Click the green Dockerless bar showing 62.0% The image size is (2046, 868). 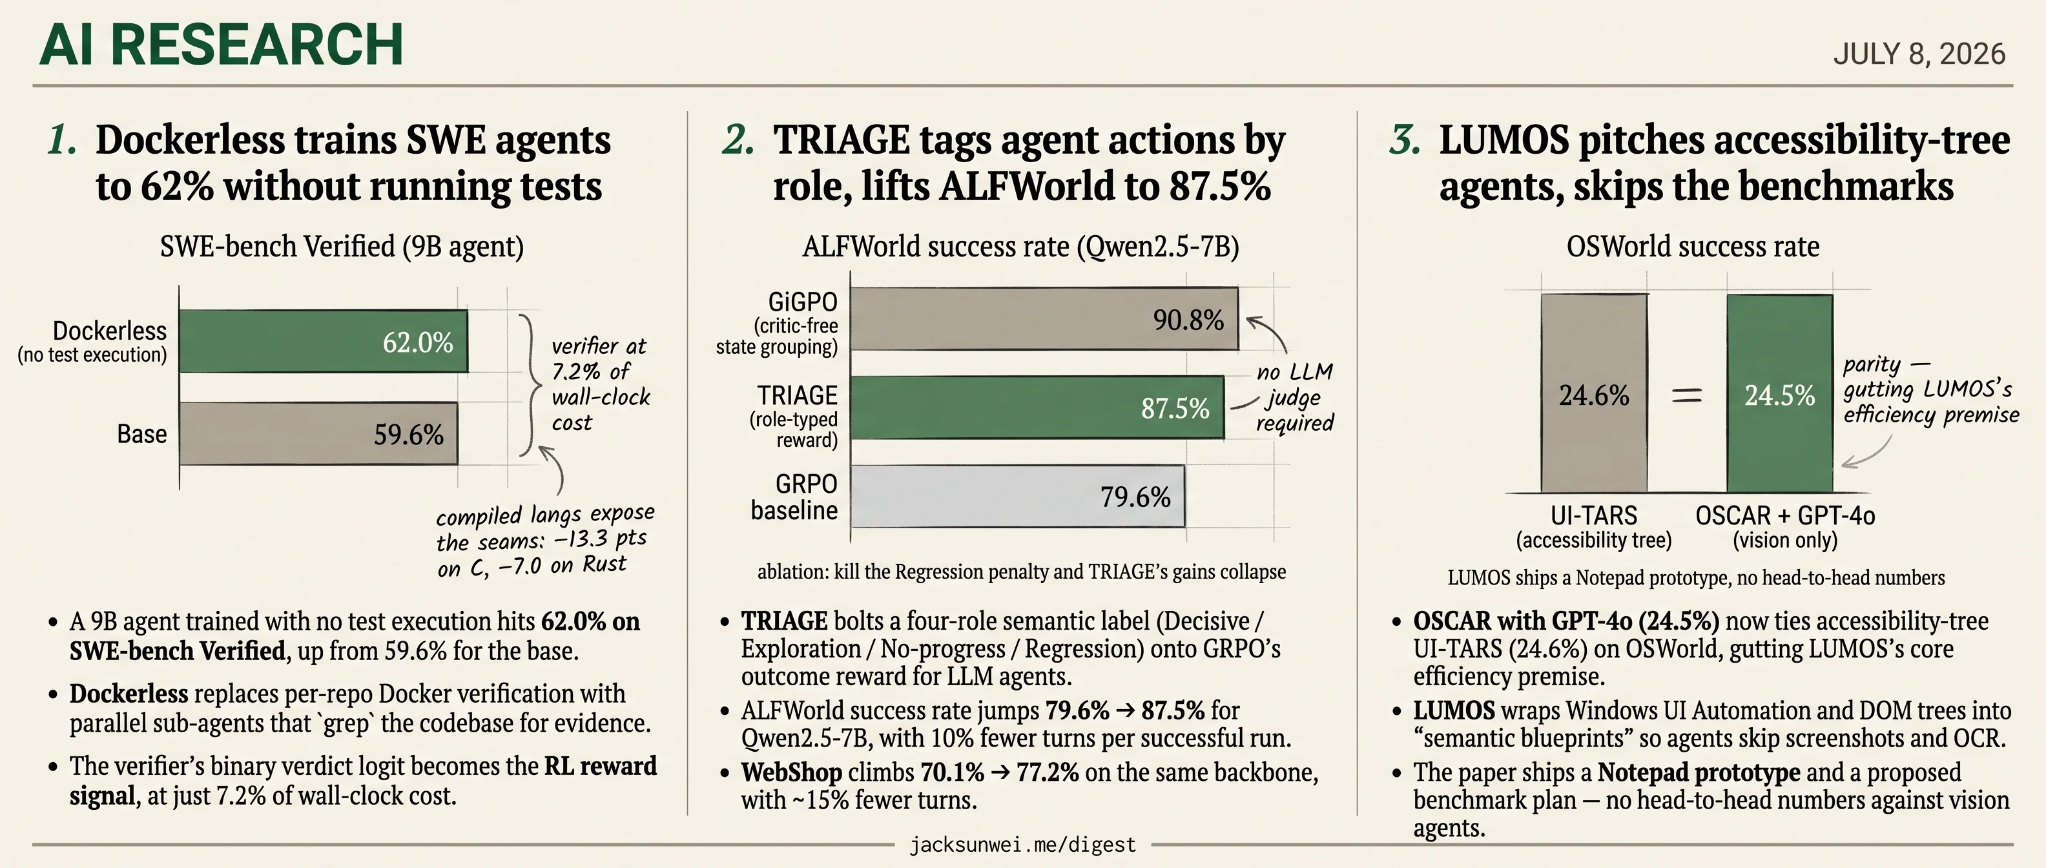coord(324,341)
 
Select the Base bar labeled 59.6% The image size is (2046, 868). coord(318,433)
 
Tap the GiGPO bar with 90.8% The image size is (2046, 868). coord(1044,318)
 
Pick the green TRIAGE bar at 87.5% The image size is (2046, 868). coord(1037,408)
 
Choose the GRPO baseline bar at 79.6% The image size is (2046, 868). coord(1017,497)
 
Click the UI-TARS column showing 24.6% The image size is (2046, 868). coord(1594,393)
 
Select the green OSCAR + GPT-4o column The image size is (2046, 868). coord(1780,393)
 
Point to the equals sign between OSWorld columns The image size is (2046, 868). coord(1687,395)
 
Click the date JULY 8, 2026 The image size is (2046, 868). coord(1919,54)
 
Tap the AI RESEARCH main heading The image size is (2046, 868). coord(222,45)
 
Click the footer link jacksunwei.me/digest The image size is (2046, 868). coord(1023,845)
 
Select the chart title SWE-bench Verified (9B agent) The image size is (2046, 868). coord(342,246)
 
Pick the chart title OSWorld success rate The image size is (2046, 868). coord(1693,246)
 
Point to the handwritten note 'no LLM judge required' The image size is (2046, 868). coord(1295,397)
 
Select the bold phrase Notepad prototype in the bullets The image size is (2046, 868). coord(1699,772)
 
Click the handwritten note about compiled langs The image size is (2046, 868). coord(545,540)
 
